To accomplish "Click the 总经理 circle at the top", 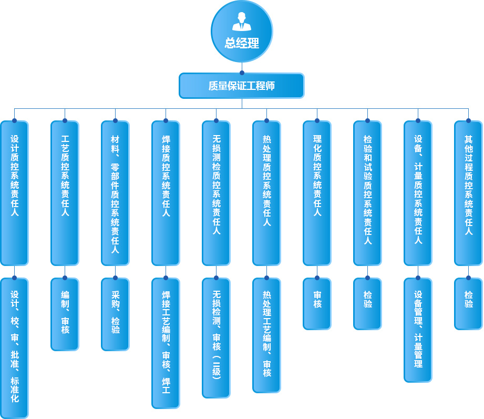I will [x=242, y=32].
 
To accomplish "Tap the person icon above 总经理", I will [x=242, y=21].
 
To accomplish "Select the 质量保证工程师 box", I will [x=242, y=86].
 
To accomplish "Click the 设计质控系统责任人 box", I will [x=14, y=193].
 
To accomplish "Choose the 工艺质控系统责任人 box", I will [x=65, y=193].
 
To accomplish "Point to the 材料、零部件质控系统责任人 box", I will [x=115, y=193].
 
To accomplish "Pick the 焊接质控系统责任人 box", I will [x=166, y=193].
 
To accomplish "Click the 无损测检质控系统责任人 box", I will [x=216, y=193].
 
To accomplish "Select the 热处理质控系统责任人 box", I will [x=266, y=193].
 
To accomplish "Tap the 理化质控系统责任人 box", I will [x=317, y=193].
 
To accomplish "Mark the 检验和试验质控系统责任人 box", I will [x=367, y=193].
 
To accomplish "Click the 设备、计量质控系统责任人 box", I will [x=418, y=193].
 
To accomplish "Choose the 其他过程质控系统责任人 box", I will [x=468, y=193].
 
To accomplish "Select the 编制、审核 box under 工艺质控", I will [x=65, y=314].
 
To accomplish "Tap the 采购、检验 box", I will [x=115, y=314].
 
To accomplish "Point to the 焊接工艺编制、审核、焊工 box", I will [x=166, y=343].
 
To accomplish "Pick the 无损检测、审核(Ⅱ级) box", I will [x=216, y=338].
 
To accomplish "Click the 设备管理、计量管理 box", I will [x=418, y=330].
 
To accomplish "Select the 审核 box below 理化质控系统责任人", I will [x=317, y=303].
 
